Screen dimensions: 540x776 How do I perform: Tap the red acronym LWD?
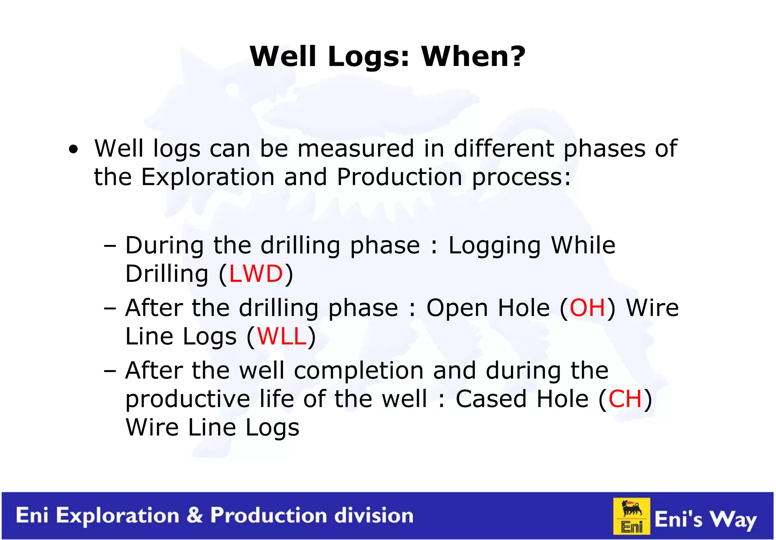(256, 274)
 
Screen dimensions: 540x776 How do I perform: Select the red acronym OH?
(587, 308)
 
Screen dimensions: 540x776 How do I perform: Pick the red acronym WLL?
(282, 336)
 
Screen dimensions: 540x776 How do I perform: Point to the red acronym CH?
(625, 399)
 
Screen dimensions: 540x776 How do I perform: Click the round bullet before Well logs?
(74, 149)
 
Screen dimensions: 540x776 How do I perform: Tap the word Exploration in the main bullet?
(208, 177)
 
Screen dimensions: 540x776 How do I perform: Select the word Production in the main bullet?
(399, 177)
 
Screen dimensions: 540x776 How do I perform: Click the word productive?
(188, 399)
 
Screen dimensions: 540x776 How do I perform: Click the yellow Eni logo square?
(632, 516)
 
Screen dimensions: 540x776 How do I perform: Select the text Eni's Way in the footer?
(706, 519)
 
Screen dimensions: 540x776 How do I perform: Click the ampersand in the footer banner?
(195, 515)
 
